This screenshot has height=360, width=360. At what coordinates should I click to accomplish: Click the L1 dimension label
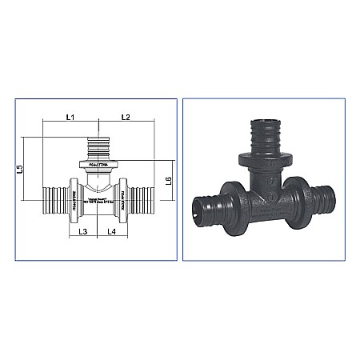coord(69,118)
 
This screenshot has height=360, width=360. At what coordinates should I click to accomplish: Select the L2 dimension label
coord(125,118)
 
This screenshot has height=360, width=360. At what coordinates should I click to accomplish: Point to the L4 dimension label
coord(112,231)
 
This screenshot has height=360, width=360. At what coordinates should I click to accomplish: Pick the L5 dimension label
coord(29,169)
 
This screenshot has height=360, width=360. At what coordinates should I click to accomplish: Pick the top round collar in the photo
coord(258,154)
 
